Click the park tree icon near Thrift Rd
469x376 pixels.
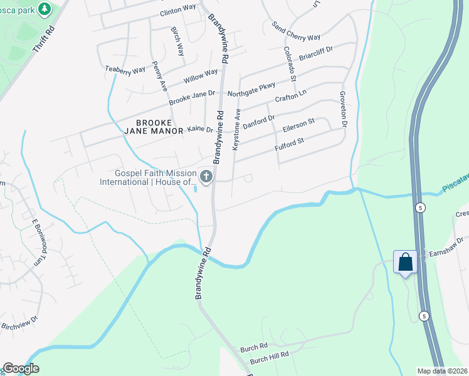[x=45, y=9]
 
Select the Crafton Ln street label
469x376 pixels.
[x=291, y=97]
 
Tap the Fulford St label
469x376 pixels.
[x=289, y=144]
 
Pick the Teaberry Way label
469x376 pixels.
[x=125, y=70]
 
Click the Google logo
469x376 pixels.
[x=21, y=368]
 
